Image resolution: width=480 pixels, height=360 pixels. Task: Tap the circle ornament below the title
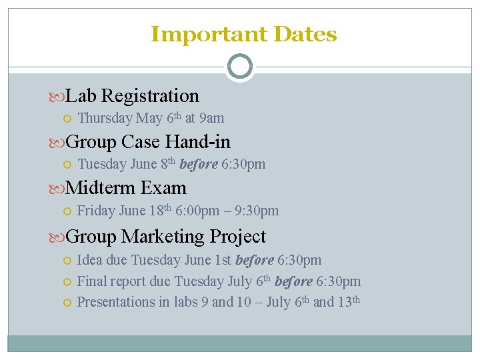[240, 67]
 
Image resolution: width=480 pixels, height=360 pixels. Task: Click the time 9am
[212, 119]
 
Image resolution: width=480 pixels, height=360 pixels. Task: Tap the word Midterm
[101, 188]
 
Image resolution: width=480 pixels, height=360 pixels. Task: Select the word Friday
[96, 211]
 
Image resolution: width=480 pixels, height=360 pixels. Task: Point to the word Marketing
[163, 237]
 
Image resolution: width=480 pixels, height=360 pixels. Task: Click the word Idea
[90, 260]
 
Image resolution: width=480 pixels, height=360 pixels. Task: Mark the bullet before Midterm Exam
[58, 189]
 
